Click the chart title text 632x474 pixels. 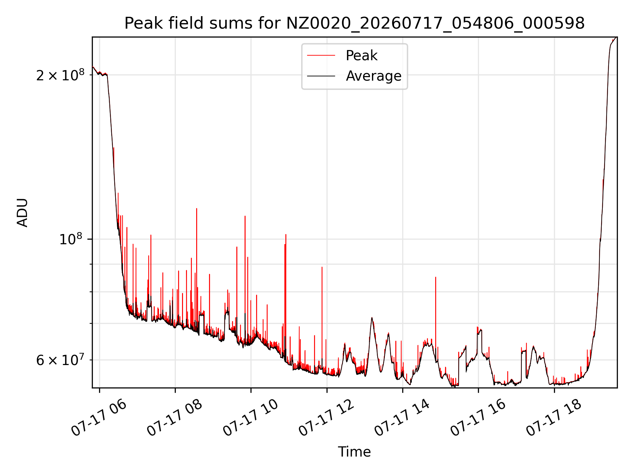(x=355, y=23)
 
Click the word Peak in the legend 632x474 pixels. (x=361, y=56)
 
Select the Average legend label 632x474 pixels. (x=374, y=76)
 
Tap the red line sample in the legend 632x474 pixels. (x=321, y=56)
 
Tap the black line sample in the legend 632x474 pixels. (x=321, y=76)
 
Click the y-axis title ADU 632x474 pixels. (x=22, y=213)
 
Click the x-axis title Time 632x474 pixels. (x=355, y=452)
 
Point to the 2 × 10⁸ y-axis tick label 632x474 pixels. (x=60, y=75)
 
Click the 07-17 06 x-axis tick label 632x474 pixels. (x=99, y=418)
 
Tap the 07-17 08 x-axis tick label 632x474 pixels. (x=174, y=418)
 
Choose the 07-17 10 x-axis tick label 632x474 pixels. (x=250, y=418)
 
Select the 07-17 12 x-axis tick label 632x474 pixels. (x=326, y=418)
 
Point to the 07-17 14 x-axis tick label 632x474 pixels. (x=402, y=418)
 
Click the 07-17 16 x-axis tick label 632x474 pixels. (x=478, y=418)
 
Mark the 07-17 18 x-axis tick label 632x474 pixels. (x=554, y=418)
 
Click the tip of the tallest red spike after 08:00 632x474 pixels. (x=197, y=208)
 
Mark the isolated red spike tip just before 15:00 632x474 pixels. (x=435, y=277)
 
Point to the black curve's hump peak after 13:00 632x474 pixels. (x=372, y=318)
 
